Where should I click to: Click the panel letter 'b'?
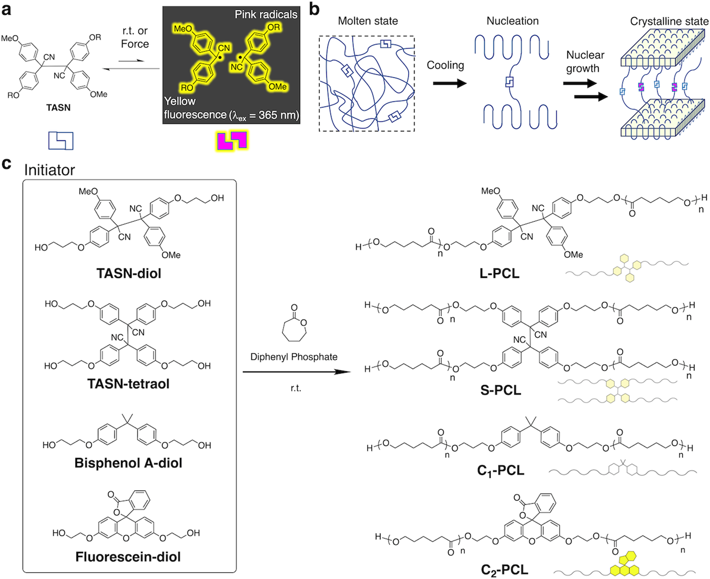tap(314, 9)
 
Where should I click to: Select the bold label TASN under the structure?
tap(58, 107)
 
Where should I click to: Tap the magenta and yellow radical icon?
tap(232, 141)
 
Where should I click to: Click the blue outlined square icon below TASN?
tap(60, 140)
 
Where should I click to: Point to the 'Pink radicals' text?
tap(266, 15)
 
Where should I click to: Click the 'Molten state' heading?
tap(368, 21)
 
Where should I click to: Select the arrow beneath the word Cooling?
tap(449, 83)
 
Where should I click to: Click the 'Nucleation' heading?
tap(512, 21)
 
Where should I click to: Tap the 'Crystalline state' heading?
tap(669, 22)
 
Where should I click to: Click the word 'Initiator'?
tap(49, 170)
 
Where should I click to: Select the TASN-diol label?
tap(129, 273)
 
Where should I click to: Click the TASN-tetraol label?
tap(128, 384)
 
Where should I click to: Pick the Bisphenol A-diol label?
tap(128, 463)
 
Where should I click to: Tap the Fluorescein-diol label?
tap(128, 556)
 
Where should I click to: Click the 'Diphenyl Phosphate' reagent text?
tap(293, 357)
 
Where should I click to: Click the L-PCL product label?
tap(499, 273)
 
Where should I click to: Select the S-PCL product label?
tap(500, 390)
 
